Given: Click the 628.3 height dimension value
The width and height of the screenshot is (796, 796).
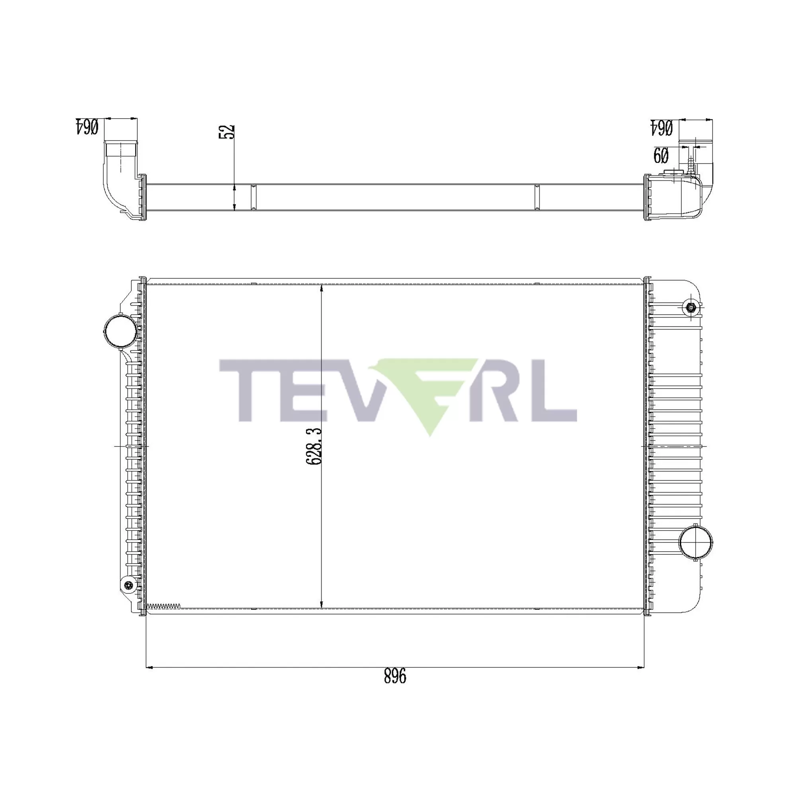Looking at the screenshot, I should tap(314, 447).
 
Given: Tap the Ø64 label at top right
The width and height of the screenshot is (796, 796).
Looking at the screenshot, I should tap(662, 128).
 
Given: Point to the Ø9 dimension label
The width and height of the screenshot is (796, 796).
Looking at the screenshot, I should tap(661, 156).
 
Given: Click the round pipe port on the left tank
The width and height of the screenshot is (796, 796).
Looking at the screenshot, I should tap(120, 331).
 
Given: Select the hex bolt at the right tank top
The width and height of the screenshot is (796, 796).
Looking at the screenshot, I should tap(691, 307).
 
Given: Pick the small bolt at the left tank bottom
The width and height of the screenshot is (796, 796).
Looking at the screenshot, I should tap(129, 585).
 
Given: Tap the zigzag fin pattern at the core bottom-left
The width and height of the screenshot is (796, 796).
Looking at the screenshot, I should tap(164, 606).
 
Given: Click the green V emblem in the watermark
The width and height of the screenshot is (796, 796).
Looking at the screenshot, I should tap(429, 391).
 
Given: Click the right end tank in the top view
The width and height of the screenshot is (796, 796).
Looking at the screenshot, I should tap(676, 198).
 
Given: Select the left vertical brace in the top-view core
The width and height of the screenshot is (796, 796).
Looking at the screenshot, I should tap(254, 198).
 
